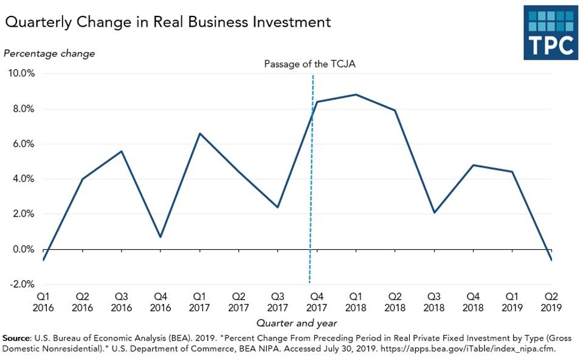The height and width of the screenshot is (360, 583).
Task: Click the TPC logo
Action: pyautogui.click(x=551, y=33)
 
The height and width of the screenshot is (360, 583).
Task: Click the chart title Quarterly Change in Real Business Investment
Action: pyautogui.click(x=168, y=22)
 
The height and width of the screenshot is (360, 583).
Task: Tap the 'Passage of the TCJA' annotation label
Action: pyautogui.click(x=309, y=64)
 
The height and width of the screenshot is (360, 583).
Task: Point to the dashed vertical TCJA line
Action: pyautogui.click(x=311, y=182)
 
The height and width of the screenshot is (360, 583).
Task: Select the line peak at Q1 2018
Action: pyautogui.click(x=356, y=95)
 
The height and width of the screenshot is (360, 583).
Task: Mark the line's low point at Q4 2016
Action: pyautogui.click(x=160, y=237)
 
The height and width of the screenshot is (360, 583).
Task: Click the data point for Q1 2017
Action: pyautogui.click(x=199, y=134)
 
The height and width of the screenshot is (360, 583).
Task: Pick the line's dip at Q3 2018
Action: pyautogui.click(x=434, y=212)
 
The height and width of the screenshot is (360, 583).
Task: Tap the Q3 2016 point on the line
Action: pyautogui.click(x=122, y=151)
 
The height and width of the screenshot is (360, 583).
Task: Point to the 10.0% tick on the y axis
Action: pyautogui.click(x=21, y=74)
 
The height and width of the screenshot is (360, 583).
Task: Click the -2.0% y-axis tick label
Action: pyautogui.click(x=21, y=285)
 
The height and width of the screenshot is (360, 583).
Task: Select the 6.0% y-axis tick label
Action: pyautogui.click(x=22, y=144)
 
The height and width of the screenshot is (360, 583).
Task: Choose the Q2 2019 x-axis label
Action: pyautogui.click(x=551, y=302)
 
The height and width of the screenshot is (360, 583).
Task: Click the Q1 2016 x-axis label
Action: pyautogui.click(x=43, y=302)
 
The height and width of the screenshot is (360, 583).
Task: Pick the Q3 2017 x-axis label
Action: pyautogui.click(x=277, y=302)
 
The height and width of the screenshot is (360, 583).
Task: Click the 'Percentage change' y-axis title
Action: pyautogui.click(x=49, y=54)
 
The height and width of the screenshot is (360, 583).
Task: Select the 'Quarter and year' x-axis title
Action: pyautogui.click(x=297, y=323)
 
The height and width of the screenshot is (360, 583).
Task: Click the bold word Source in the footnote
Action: pyautogui.click(x=16, y=337)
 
